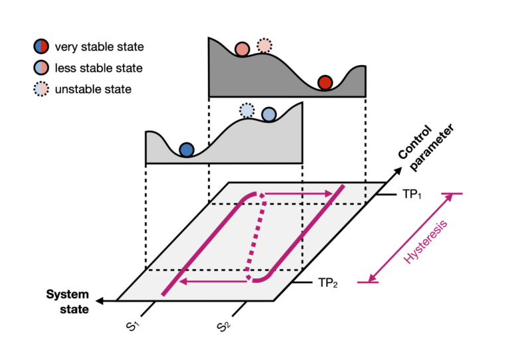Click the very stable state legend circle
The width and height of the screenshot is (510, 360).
click(x=41, y=46)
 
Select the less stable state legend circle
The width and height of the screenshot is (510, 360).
click(x=41, y=68)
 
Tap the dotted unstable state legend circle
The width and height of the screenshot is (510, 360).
click(x=41, y=89)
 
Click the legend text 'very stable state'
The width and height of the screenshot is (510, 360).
click(x=99, y=46)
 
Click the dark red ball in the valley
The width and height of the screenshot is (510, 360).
click(x=325, y=82)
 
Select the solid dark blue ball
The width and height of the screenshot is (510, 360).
click(x=187, y=149)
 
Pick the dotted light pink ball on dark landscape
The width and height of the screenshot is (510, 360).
click(x=264, y=45)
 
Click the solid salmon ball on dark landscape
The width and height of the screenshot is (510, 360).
click(x=242, y=48)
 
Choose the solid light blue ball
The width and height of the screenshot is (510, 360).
click(x=268, y=115)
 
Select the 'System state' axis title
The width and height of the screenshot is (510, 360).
click(x=67, y=302)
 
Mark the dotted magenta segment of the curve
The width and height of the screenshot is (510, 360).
click(x=256, y=236)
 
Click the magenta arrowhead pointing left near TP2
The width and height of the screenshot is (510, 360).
click(x=184, y=282)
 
